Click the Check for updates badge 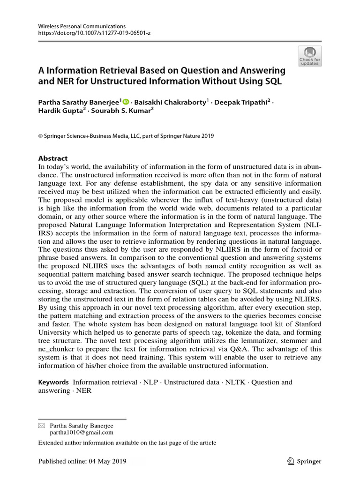point(310,56)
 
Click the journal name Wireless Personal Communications point(75,27)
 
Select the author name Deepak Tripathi point(241,102)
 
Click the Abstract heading point(52,158)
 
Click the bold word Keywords point(53,382)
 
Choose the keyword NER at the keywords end point(84,390)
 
